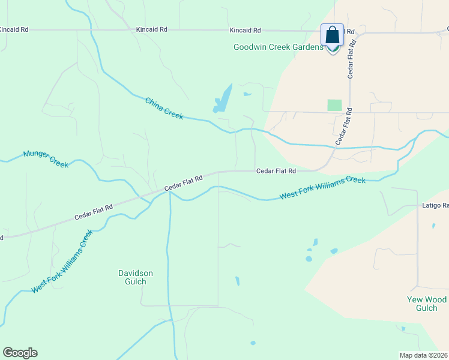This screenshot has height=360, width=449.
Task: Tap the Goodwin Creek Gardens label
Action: point(278,47)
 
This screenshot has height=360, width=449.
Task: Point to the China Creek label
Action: point(164,108)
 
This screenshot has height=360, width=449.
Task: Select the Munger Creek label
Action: point(46,158)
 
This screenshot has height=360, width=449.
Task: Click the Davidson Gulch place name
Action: point(135,277)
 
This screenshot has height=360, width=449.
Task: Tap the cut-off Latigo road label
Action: point(434,206)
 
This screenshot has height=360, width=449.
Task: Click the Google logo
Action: point(20,353)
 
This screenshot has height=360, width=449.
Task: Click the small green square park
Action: point(334,105)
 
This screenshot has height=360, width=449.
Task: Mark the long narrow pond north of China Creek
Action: point(223,98)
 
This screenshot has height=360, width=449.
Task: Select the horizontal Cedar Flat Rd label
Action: point(276,171)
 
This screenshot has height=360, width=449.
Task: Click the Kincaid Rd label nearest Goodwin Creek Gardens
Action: point(245,30)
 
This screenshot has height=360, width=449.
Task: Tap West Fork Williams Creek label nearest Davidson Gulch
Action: point(63,261)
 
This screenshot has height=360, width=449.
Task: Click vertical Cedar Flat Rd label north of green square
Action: point(354,59)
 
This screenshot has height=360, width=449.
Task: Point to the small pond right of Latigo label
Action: point(433,226)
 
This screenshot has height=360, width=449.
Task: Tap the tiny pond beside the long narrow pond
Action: point(247,94)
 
